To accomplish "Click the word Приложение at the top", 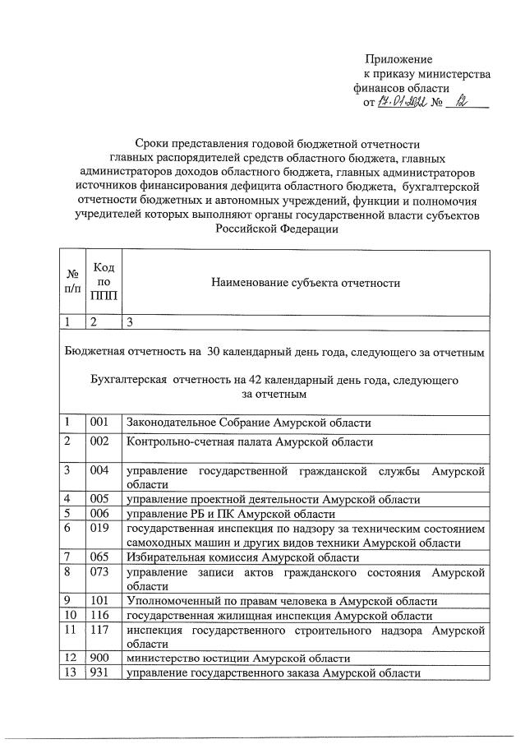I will tap(398, 59).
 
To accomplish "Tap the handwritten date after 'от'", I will tap(401, 102).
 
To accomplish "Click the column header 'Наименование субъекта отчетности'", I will tap(305, 284).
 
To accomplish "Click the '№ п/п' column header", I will tap(72, 283).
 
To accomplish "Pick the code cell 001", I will tap(99, 423).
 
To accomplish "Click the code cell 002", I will tap(99, 441).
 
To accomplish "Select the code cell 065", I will tap(99, 557).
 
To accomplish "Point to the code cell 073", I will tap(99, 571).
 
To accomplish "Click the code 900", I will tap(99, 659).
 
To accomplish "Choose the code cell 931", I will tap(99, 673).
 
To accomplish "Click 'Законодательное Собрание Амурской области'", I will tap(248, 423).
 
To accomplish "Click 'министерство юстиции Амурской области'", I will tap(237, 659).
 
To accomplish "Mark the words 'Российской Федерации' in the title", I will tap(277, 230).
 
